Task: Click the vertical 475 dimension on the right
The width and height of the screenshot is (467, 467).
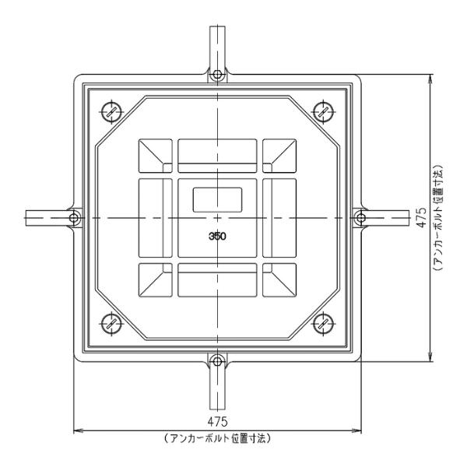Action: pos(421,216)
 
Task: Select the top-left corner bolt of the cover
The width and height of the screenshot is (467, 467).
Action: pos(111,110)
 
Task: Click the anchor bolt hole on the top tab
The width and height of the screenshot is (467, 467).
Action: pos(217,75)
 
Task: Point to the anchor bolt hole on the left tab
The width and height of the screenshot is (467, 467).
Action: pos(75,216)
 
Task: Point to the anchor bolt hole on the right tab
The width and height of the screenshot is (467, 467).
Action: pos(360,216)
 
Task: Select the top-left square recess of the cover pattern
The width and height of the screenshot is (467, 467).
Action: pos(156,156)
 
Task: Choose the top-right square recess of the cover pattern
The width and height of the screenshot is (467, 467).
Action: pos(279,156)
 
